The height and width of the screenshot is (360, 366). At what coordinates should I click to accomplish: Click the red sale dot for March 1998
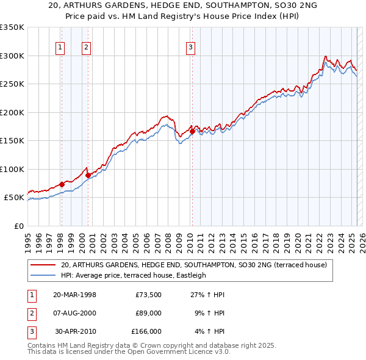pos(62,184)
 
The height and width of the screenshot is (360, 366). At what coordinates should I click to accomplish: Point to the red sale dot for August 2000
pos(88,175)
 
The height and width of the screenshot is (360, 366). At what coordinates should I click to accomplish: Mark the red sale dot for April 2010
pos(192,131)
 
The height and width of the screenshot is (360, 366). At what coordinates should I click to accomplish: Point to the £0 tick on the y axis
pos(18,226)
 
